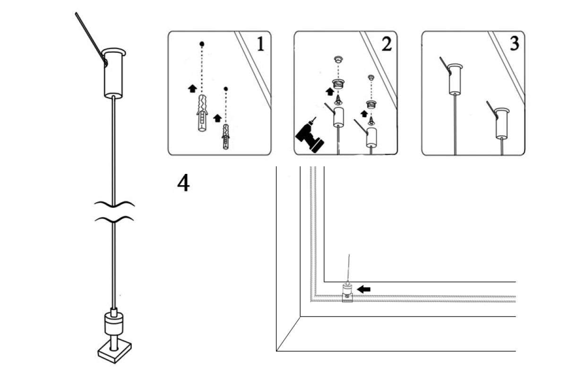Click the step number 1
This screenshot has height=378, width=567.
click(x=260, y=44)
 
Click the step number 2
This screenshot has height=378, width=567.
click(x=386, y=44)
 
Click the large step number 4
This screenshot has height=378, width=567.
click(x=183, y=183)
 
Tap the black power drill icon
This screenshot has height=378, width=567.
click(x=308, y=136)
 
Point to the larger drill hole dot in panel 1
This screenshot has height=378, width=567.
click(x=202, y=44)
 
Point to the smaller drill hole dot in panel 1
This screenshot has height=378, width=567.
click(x=226, y=89)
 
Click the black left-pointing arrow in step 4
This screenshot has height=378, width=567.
click(x=364, y=289)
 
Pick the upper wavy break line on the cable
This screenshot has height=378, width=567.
click(x=114, y=204)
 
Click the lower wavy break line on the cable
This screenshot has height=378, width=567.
click(x=114, y=219)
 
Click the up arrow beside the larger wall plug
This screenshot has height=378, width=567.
click(x=192, y=88)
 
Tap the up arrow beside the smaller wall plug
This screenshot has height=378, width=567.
click(x=217, y=118)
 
